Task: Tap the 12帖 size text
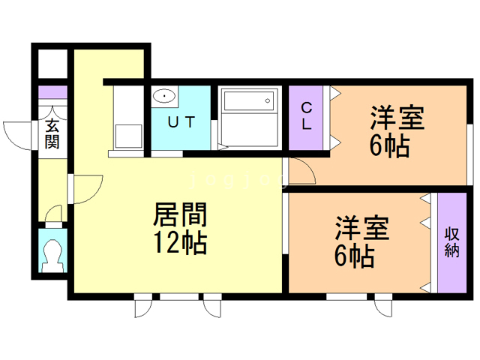[x=180, y=243]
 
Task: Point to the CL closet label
[x=307, y=116]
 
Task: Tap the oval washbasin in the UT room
[x=164, y=96]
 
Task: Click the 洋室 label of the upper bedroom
[x=397, y=118]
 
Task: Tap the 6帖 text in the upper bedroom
[x=389, y=144]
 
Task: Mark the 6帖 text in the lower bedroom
[x=355, y=256]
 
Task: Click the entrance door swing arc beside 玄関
[x=16, y=133]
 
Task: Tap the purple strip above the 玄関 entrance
[x=52, y=92]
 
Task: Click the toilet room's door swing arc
[x=52, y=214]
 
